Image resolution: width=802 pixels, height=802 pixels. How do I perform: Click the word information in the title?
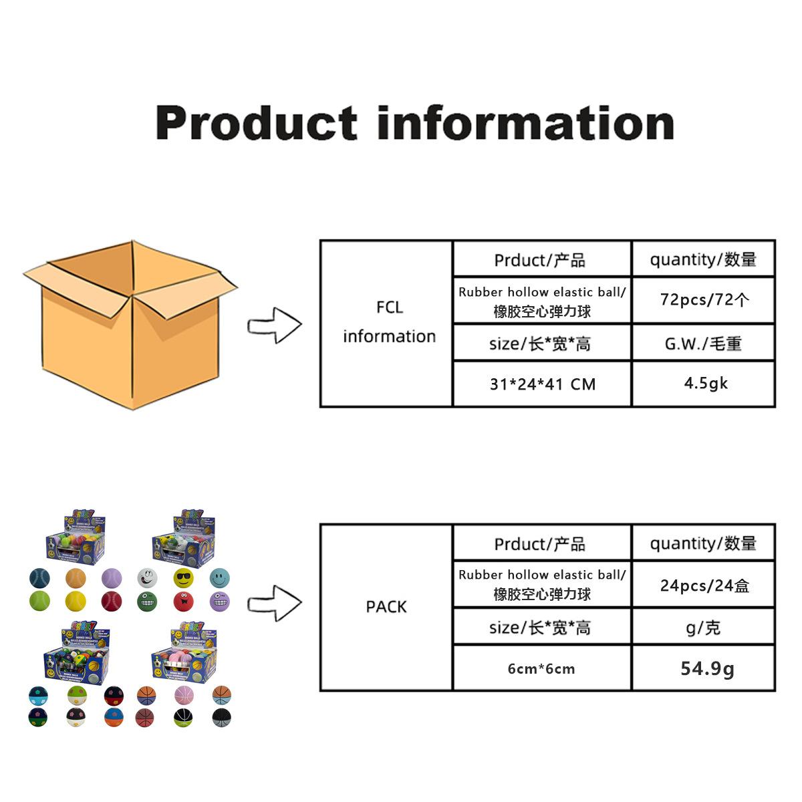(x=525, y=123)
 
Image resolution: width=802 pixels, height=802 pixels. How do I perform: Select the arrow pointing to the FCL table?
(x=275, y=326)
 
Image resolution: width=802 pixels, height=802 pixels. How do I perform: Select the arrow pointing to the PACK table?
(x=275, y=604)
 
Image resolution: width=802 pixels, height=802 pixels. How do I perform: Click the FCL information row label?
(x=389, y=322)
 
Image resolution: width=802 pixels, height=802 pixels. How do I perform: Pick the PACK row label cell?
(x=386, y=607)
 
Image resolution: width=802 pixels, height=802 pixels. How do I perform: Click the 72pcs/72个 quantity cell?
(x=704, y=300)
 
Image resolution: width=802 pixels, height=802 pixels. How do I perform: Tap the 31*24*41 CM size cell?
(x=542, y=384)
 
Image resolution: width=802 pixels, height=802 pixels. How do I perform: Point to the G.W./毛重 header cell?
(x=703, y=344)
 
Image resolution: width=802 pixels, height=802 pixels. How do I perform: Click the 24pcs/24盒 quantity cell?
(x=704, y=585)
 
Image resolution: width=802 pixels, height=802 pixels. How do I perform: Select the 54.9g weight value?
(x=707, y=668)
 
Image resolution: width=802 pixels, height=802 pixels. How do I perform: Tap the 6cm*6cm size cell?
(x=541, y=668)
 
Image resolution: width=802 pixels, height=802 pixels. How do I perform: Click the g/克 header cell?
(x=703, y=628)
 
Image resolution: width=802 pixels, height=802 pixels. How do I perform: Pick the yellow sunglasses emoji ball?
(x=182, y=577)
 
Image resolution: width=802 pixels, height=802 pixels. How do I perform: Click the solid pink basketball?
(x=184, y=696)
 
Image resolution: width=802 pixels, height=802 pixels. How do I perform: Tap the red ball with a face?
(x=182, y=601)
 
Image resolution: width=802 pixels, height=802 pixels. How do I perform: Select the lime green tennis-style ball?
(x=39, y=601)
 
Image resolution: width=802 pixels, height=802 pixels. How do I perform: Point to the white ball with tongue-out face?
(x=147, y=577)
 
